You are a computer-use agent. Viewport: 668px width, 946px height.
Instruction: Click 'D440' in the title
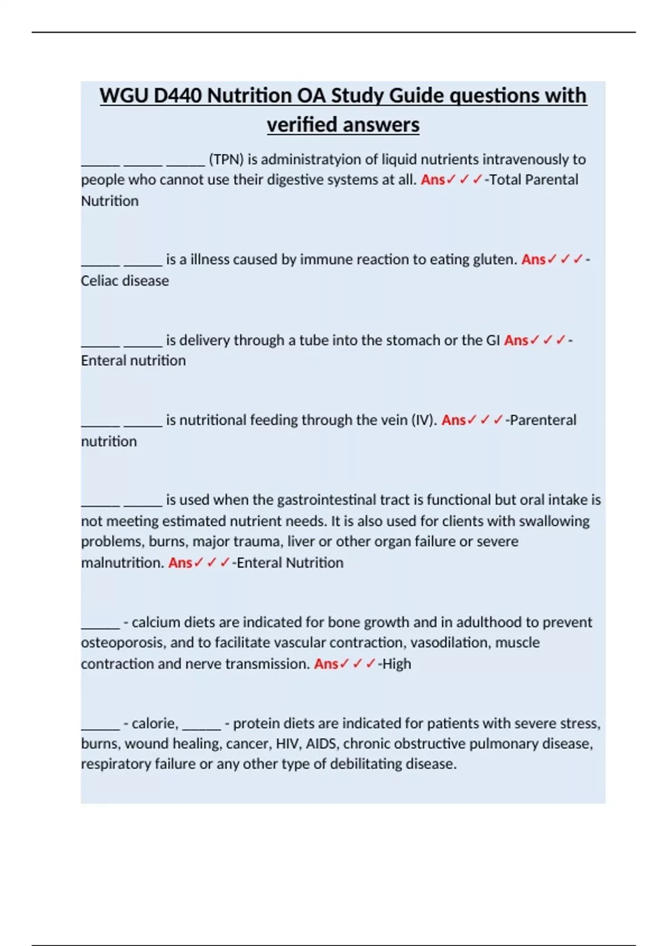[x=178, y=96]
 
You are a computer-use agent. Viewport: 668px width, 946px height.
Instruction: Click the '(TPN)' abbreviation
[x=226, y=160]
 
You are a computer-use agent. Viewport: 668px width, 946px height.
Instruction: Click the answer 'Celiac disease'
[x=125, y=280]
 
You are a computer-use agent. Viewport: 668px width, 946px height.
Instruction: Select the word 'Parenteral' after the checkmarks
[x=543, y=420]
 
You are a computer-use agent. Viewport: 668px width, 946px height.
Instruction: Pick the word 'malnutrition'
[x=122, y=563]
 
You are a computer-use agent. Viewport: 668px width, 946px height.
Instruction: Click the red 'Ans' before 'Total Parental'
[x=433, y=180]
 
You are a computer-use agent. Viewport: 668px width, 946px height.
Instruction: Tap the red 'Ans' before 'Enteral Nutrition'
[x=180, y=563]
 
